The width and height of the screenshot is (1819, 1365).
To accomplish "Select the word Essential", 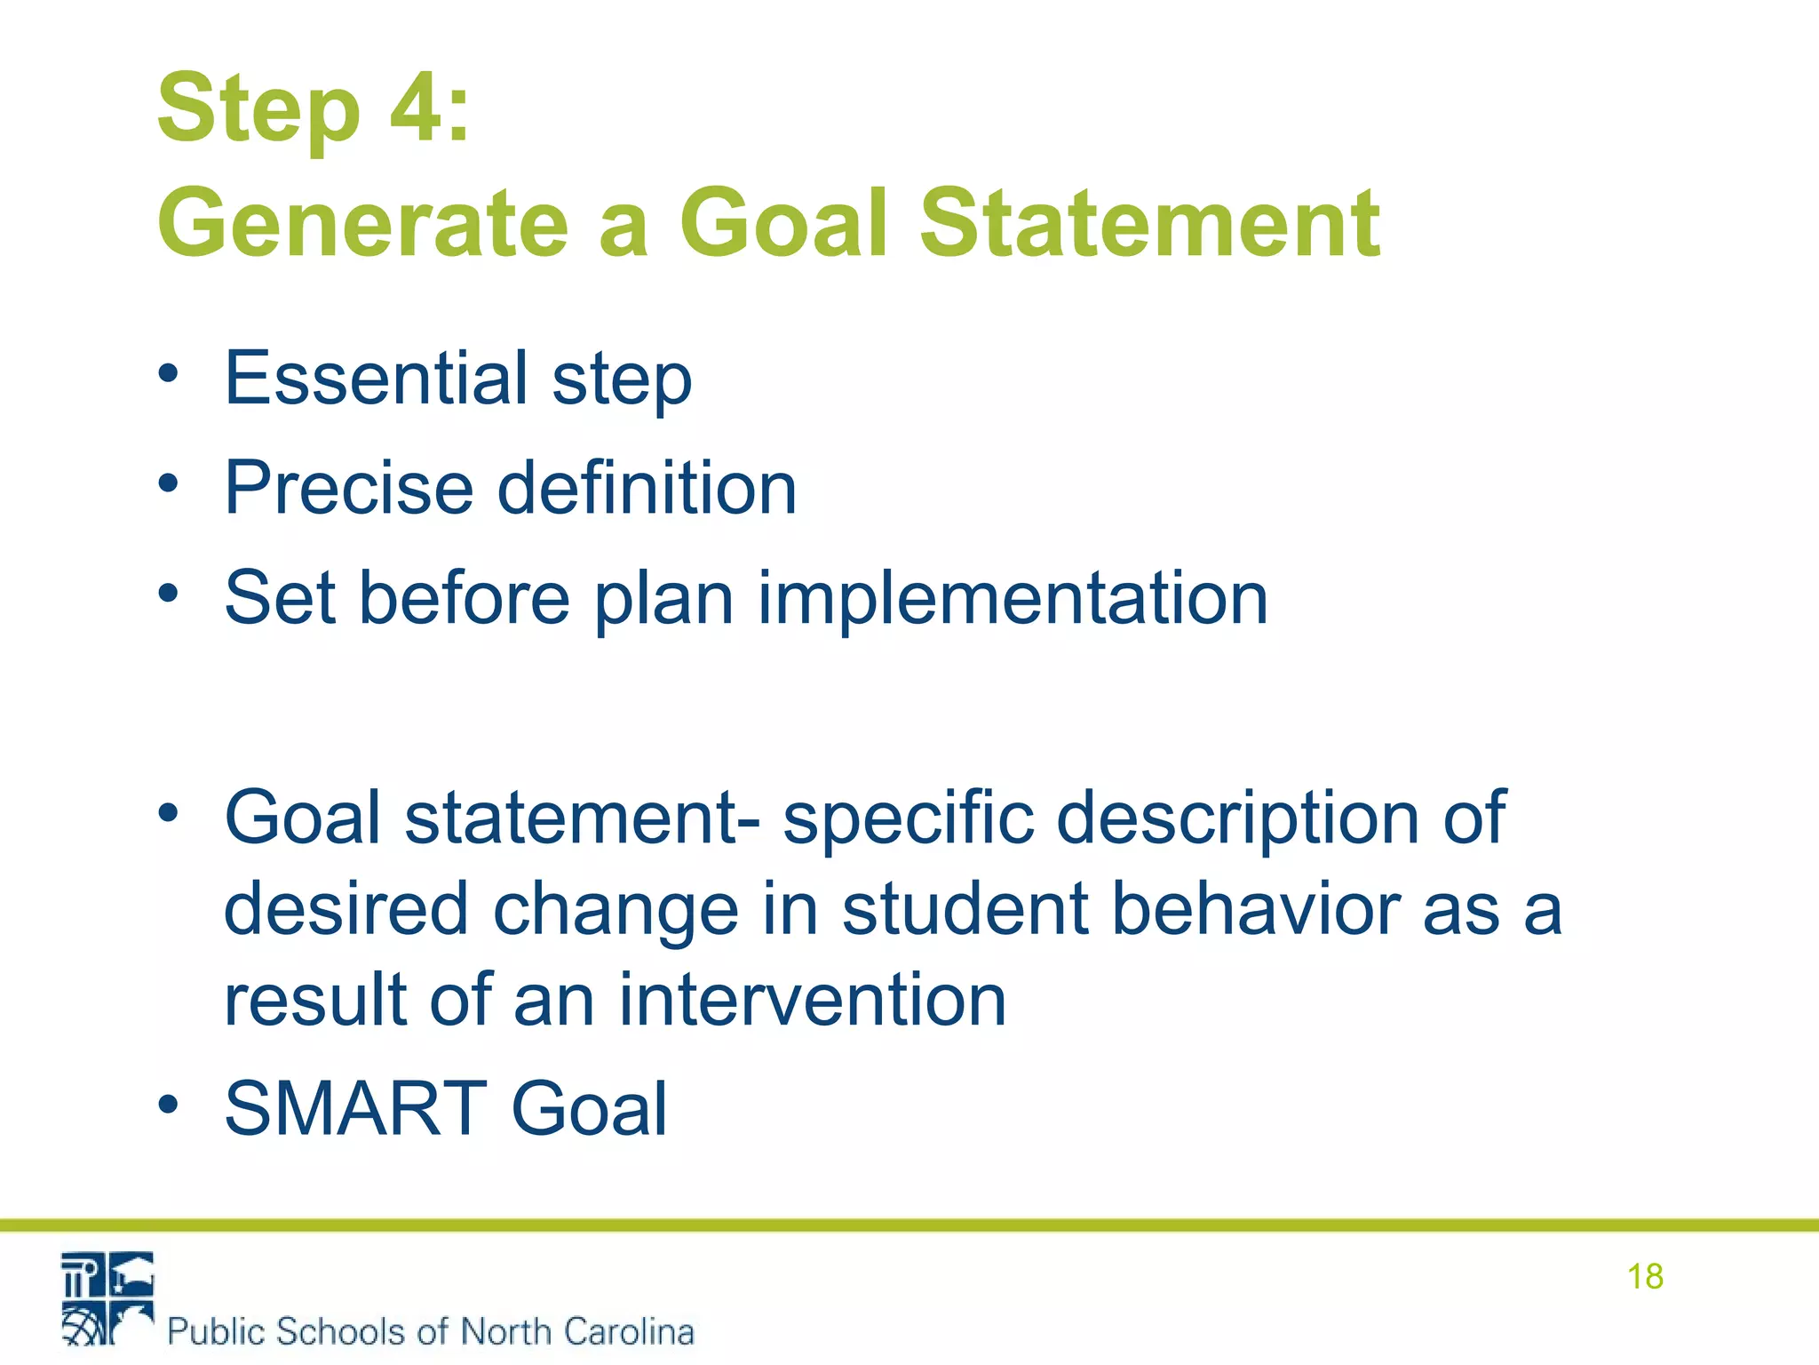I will [x=377, y=378].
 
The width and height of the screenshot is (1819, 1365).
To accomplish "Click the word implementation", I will [x=1013, y=597].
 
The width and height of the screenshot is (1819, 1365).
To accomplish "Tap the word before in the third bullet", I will [x=464, y=597].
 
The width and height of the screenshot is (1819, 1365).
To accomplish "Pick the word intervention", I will [x=812, y=1000].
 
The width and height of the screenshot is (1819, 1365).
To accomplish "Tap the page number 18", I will [x=1644, y=1276].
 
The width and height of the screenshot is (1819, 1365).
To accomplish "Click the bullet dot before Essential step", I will [x=168, y=373].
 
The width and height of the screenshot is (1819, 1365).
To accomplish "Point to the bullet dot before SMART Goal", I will [x=168, y=1105].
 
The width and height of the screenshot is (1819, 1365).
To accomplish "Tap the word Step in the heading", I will [x=258, y=108].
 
